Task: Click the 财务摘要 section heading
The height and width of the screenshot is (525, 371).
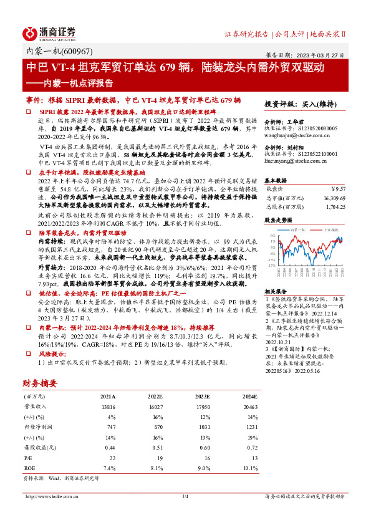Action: tap(40, 383)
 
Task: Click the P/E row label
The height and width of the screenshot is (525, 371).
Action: tap(27, 457)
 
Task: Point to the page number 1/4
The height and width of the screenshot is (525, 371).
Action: tap(185, 496)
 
